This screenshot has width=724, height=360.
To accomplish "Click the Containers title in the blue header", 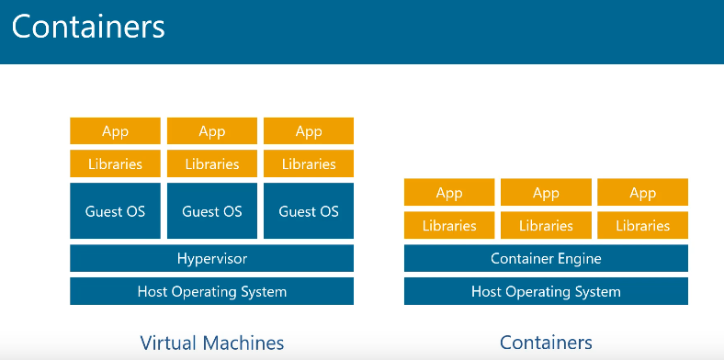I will click(88, 27).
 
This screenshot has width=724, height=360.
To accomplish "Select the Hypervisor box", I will click(211, 259).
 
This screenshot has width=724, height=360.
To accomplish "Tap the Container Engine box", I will click(546, 259).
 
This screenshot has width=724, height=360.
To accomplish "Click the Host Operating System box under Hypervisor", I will click(211, 292).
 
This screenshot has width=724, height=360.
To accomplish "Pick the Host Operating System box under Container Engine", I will click(546, 292).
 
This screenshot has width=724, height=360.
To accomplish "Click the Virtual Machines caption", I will click(211, 343).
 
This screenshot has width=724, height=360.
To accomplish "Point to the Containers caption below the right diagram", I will click(546, 343).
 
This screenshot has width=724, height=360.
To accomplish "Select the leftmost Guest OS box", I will click(115, 211).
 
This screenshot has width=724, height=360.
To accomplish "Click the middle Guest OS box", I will click(211, 211).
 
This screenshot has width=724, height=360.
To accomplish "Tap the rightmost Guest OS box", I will click(309, 211).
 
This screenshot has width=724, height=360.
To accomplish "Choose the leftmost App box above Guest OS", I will click(115, 131).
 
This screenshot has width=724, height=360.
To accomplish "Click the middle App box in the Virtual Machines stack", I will click(211, 131).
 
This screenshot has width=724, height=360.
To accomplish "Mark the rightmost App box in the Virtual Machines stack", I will click(309, 131).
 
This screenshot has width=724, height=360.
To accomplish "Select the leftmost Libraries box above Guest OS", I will click(115, 164).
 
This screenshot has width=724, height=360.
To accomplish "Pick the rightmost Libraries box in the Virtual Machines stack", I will click(309, 164).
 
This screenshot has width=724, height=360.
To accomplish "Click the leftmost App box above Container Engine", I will click(449, 193).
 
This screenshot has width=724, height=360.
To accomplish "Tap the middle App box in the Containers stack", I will click(546, 193).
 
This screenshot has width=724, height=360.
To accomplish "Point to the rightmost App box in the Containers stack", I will click(642, 193).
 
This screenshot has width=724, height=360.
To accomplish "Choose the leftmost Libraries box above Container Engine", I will click(449, 226).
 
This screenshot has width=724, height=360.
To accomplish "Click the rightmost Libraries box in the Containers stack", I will click(642, 226).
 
